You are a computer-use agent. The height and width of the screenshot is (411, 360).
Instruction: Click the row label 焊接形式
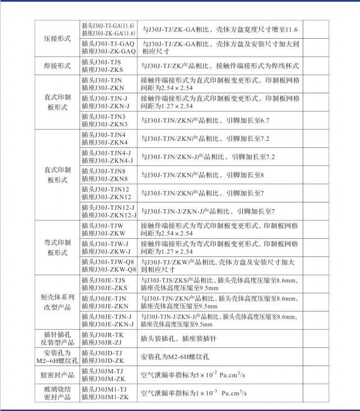click(x=57, y=66)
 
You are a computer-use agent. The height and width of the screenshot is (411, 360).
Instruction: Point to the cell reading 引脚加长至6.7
click(x=205, y=121)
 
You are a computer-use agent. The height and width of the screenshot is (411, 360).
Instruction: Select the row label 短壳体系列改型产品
click(x=57, y=302)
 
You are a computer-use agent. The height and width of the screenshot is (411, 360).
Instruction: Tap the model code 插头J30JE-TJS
click(x=103, y=280)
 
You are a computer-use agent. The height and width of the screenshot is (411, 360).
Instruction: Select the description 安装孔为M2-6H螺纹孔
click(x=175, y=357)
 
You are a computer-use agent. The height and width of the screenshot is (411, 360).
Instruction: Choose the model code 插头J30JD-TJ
click(x=101, y=353)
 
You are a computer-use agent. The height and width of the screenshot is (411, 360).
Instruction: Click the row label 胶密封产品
click(x=57, y=375)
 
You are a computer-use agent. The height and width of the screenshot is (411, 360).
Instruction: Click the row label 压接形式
click(x=57, y=39)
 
